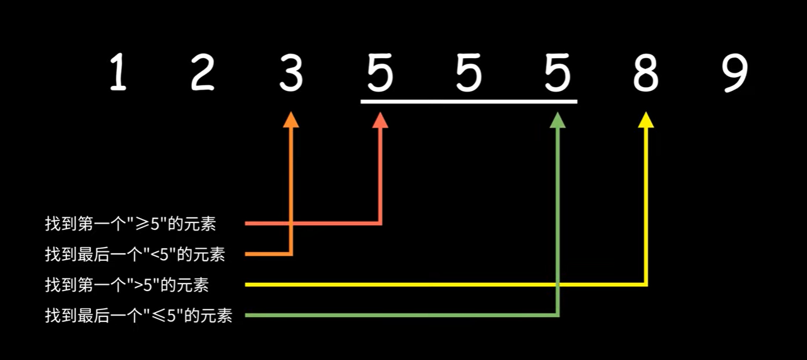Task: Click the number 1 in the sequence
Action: [x=117, y=73]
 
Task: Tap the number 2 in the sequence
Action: [x=203, y=73]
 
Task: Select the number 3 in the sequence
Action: [x=291, y=73]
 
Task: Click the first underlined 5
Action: [x=380, y=73]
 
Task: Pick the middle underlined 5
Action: [x=469, y=73]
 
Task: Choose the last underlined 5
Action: [x=558, y=73]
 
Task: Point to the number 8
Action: [x=645, y=73]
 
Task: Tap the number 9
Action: [x=735, y=73]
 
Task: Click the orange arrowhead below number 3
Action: [x=290, y=120]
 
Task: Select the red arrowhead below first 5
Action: [x=380, y=120]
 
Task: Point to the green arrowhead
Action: [x=557, y=120]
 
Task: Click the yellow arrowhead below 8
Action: [x=646, y=120]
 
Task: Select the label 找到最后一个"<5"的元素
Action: [x=135, y=255]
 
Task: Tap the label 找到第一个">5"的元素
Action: [x=127, y=285]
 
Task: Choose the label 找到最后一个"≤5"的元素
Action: [x=139, y=315]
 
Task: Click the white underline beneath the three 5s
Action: [x=469, y=101]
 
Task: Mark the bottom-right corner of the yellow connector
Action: [x=646, y=285]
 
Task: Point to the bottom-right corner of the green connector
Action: [x=557, y=315]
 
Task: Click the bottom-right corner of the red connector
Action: [x=380, y=223]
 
